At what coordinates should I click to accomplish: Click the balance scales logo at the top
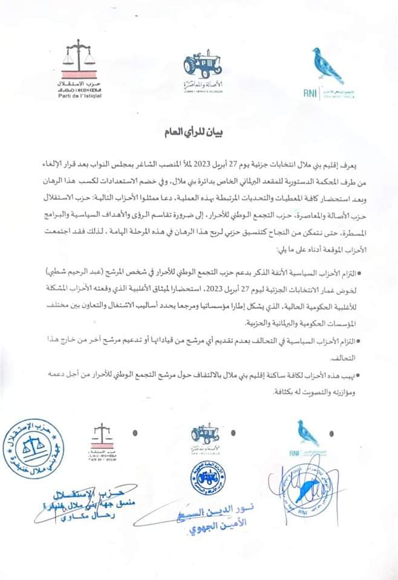coord(84,59)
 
